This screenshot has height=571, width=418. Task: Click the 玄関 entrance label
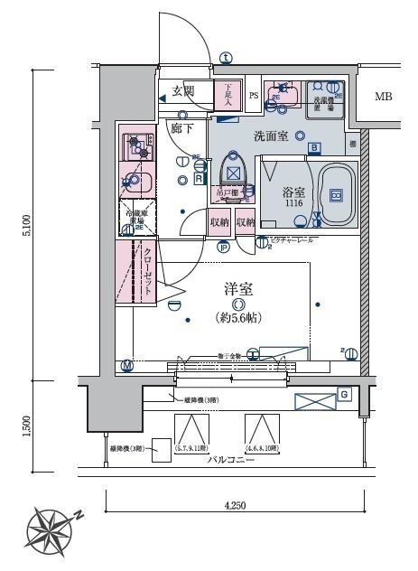coord(182,91)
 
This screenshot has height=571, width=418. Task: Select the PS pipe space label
coord(254,95)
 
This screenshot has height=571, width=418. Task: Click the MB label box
coord(384,96)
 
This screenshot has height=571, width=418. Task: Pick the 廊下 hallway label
coord(182,129)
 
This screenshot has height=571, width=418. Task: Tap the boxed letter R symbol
coord(198,179)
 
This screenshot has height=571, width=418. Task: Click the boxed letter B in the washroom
coord(313,148)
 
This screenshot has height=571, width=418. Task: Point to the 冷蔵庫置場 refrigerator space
coord(139,217)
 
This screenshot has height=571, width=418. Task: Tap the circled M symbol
coord(126,365)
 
